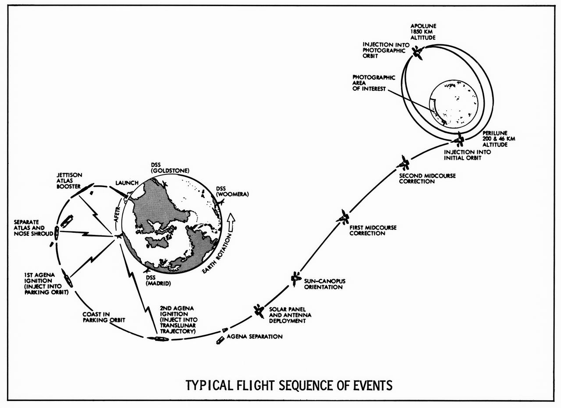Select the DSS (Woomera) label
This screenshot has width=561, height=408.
pyautogui.click(x=232, y=192)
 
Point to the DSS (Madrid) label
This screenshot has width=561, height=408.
pyautogui.click(x=158, y=280)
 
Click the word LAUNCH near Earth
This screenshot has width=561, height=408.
pyautogui.click(x=126, y=183)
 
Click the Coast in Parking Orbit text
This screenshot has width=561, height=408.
pyautogui.click(x=104, y=317)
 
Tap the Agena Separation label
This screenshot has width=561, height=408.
pyautogui.click(x=256, y=337)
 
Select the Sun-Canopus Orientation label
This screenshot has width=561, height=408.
pyautogui.click(x=323, y=284)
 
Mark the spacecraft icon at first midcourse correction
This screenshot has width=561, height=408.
pyautogui.click(x=344, y=216)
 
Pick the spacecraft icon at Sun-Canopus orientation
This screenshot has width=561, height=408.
pyautogui.click(x=295, y=278)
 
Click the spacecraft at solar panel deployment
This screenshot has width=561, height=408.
pyautogui.click(x=258, y=310)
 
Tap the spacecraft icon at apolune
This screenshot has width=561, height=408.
pyautogui.click(x=418, y=54)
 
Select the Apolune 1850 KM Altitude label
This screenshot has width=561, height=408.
pyautogui.click(x=423, y=32)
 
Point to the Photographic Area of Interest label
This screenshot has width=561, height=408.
pyautogui.click(x=368, y=83)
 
